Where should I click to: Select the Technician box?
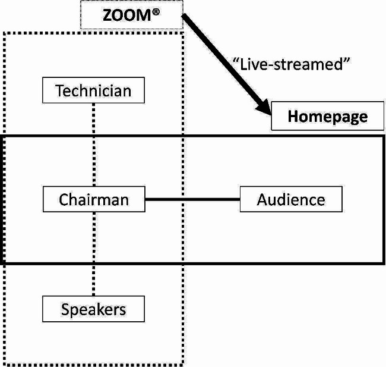coord(94,91)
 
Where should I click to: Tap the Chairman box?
coord(94,199)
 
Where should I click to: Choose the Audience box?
coord(291,199)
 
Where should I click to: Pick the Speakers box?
coord(93,309)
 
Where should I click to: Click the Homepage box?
coord(327,116)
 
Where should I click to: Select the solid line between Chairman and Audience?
coord(192,199)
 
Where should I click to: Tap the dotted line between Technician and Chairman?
coord(94,145)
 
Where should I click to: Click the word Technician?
coord(93,91)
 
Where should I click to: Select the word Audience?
coord(291,199)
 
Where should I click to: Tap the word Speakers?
coord(93,309)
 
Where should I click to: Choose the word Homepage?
coord(327,116)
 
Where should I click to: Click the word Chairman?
coord(94,199)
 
